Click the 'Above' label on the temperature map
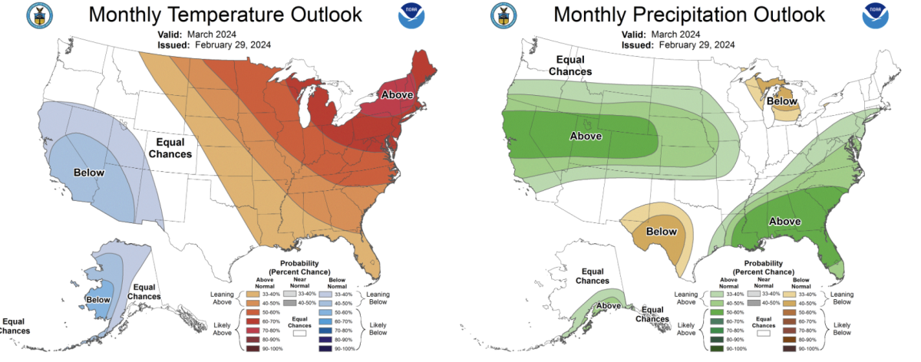tap(398, 94)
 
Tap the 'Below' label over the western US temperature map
tap(89, 173)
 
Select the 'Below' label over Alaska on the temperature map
tap(99, 300)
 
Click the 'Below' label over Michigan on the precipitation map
tap(782, 101)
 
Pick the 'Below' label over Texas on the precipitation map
tap(661, 232)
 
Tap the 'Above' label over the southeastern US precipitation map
tap(785, 221)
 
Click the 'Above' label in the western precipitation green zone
tap(586, 136)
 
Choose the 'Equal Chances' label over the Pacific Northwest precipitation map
tap(569, 66)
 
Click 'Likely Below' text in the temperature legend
tap(378, 327)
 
